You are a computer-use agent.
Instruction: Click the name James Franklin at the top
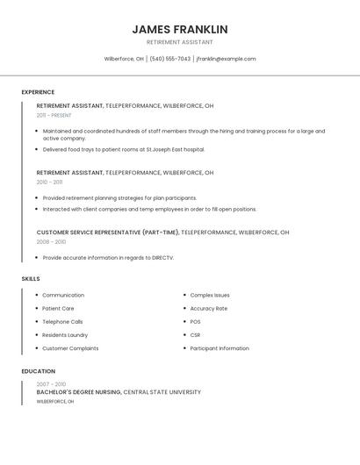coord(179,29)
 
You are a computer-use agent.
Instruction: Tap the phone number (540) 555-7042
coord(169,59)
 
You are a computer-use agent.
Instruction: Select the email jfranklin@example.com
coord(226,59)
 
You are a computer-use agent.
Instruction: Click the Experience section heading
coord(38,92)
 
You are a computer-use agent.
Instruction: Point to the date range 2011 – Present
coord(54,115)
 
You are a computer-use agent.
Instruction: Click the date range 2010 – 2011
coord(49,182)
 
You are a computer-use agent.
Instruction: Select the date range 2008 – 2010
coord(51,241)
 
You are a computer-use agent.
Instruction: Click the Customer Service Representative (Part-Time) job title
coord(108,232)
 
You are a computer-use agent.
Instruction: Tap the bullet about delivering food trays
coord(123,149)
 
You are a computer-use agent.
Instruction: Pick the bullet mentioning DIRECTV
coord(108,258)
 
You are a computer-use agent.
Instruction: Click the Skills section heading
coord(31,279)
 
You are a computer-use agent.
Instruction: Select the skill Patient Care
coord(58,309)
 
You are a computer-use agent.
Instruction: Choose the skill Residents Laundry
coord(65,335)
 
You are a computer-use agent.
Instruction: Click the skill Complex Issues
coord(210,296)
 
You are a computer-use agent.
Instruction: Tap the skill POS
coord(196,322)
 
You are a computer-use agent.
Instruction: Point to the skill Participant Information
coord(220,348)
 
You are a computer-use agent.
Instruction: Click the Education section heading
coord(38,371)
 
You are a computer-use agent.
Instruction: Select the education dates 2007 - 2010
coord(51,384)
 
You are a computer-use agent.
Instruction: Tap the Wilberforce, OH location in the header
coord(124,59)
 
